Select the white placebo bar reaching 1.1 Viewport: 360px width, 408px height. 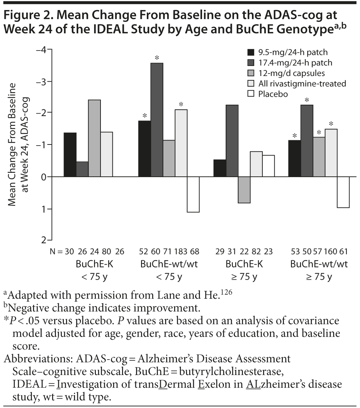[x=193, y=194]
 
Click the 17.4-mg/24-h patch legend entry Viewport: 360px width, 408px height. [x=295, y=62]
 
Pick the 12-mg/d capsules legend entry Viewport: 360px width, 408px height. [x=291, y=73]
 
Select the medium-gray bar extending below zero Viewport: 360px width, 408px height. [x=244, y=190]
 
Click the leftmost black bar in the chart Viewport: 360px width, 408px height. [x=70, y=155]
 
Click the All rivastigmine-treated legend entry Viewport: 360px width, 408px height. [x=302, y=83]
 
